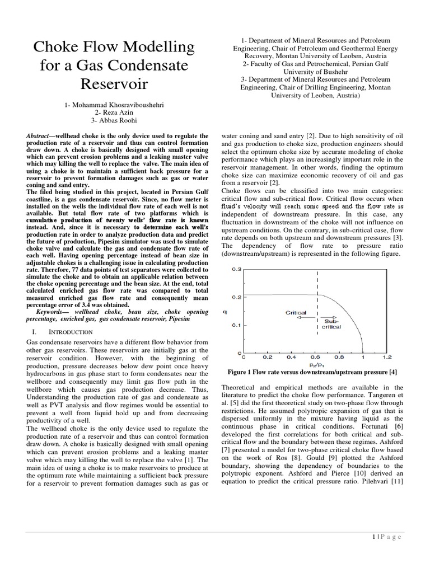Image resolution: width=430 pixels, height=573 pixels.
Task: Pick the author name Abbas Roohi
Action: pyautogui.click(x=117, y=121)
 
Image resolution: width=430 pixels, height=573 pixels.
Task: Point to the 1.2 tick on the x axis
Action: pyautogui.click(x=387, y=356)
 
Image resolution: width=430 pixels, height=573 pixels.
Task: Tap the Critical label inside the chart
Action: pyautogui.click(x=296, y=312)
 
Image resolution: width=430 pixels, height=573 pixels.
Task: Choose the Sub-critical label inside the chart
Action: pyautogui.click(x=331, y=323)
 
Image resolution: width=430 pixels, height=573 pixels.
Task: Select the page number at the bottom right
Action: pyautogui.click(x=386, y=537)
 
